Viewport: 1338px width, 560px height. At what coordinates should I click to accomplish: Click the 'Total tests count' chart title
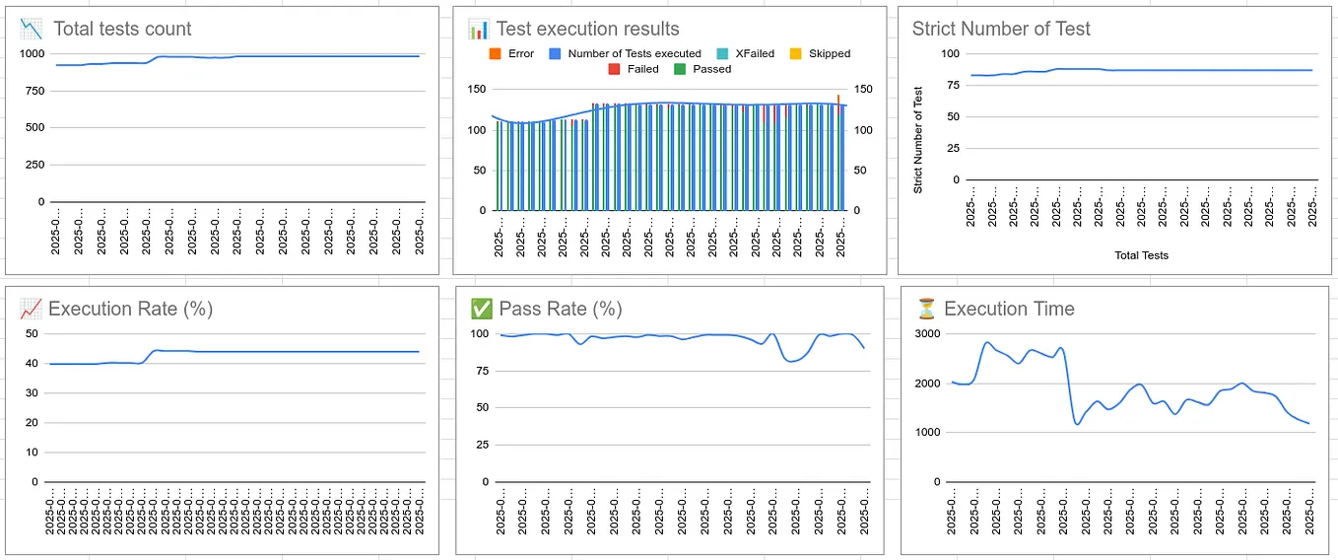point(122,29)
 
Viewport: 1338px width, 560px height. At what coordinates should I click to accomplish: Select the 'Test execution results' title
point(587,29)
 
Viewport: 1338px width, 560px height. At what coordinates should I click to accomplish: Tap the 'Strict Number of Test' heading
point(1001,29)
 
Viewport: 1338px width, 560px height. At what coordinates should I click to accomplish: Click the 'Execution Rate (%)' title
point(130,309)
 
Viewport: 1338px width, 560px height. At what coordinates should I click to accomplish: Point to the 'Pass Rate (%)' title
point(560,309)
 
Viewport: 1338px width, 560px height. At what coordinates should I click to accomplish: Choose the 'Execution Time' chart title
point(1009,309)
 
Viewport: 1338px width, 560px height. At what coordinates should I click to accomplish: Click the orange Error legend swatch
point(495,53)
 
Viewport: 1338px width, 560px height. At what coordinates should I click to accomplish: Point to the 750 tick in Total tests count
point(33,91)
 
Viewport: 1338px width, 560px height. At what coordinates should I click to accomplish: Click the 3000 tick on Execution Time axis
point(930,333)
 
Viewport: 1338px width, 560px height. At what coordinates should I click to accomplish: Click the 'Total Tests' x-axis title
point(1141,255)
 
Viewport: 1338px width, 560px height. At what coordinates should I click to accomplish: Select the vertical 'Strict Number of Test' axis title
point(918,140)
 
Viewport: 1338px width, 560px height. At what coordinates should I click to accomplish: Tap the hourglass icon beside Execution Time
point(925,309)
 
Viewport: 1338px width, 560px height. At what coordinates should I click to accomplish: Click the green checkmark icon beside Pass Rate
point(482,309)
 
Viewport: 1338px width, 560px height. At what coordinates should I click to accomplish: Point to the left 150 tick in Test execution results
point(476,90)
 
